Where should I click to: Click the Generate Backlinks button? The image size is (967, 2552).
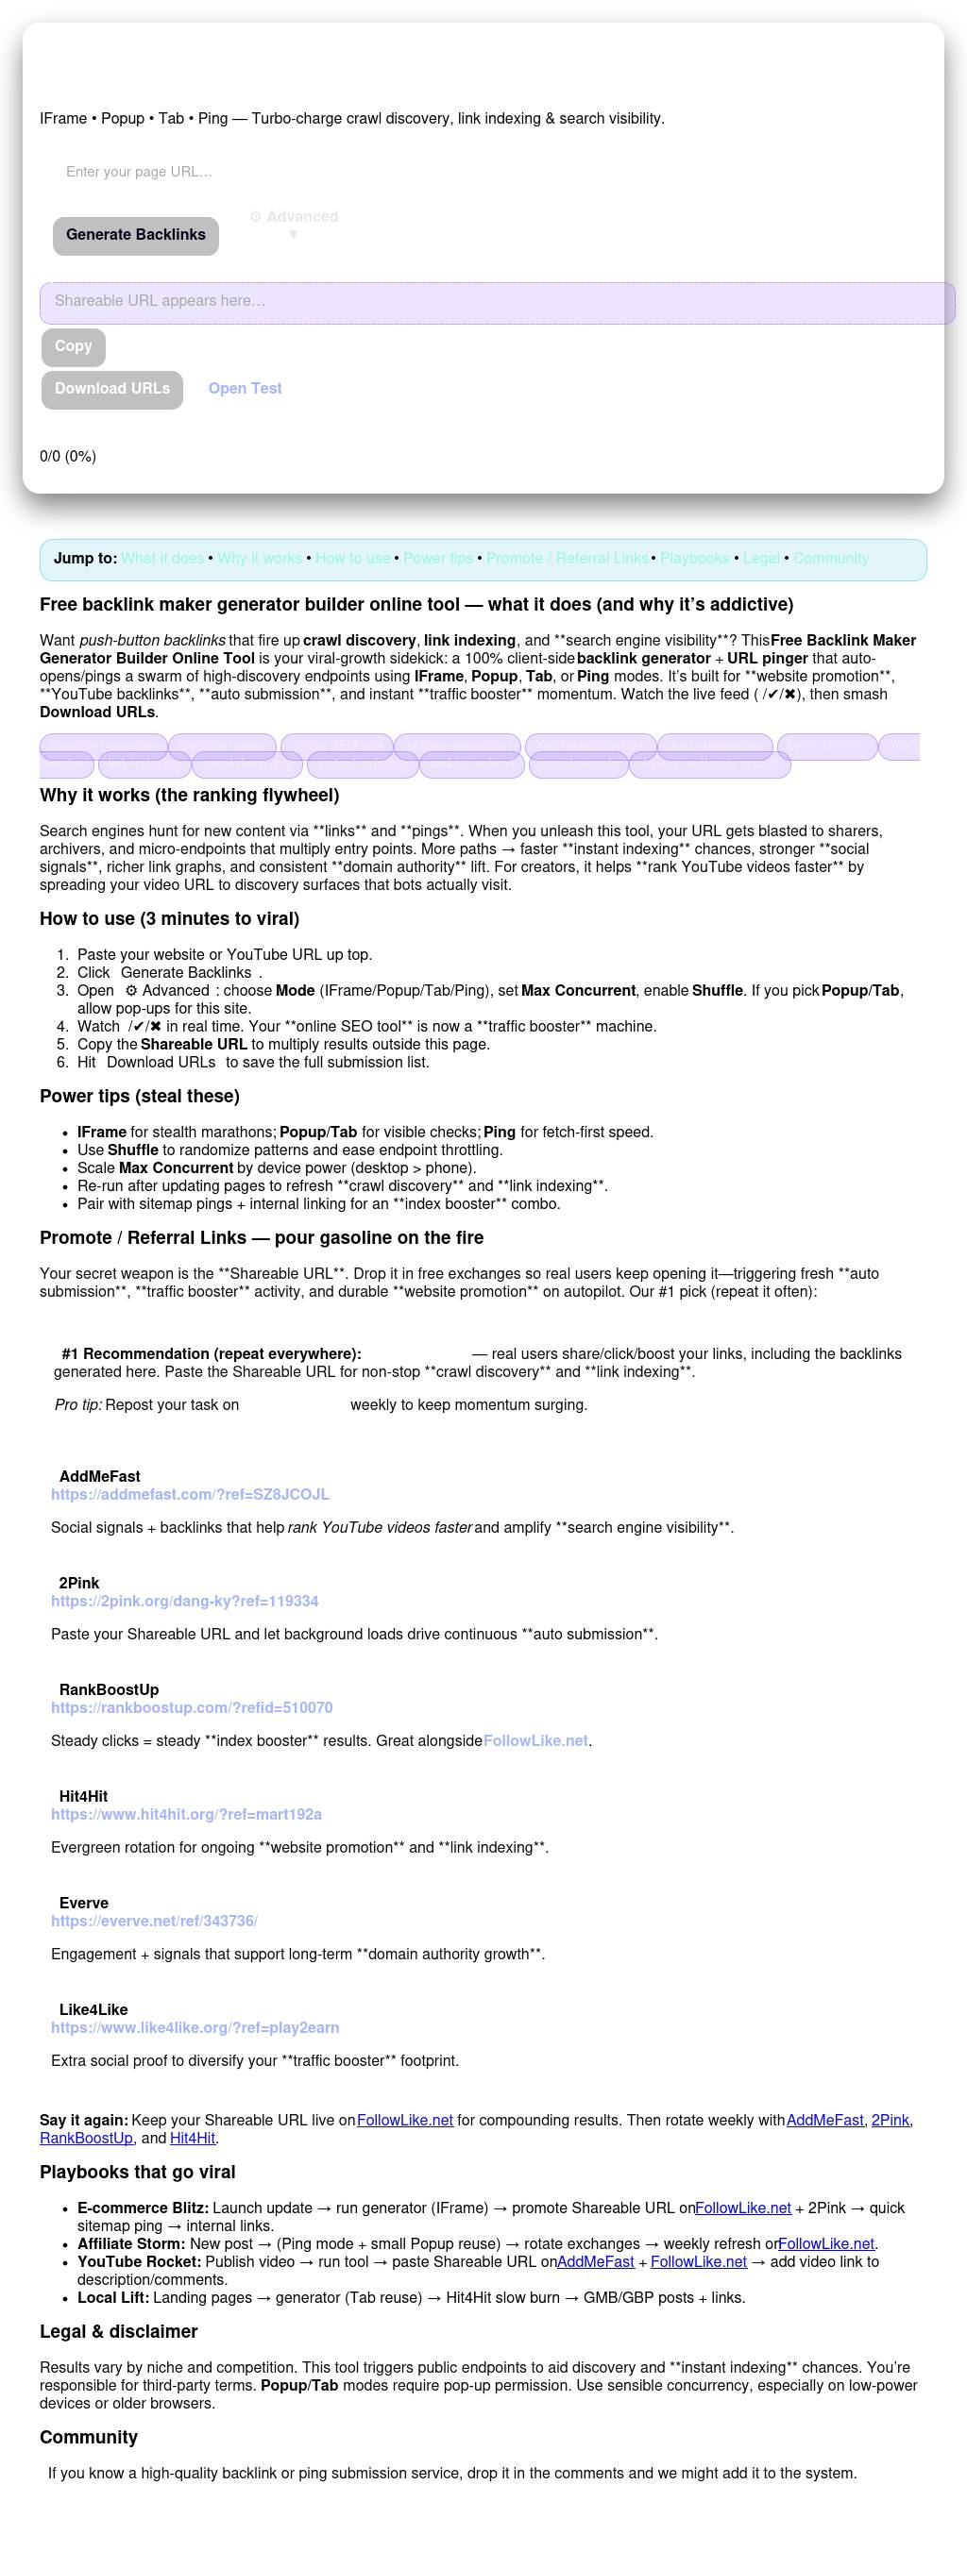point(136,236)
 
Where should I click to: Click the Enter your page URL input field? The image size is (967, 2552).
point(297,172)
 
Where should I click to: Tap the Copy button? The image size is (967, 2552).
point(74,346)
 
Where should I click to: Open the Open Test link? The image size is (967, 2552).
point(245,388)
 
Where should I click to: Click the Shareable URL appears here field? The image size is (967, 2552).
point(496,302)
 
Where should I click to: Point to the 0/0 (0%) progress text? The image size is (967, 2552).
point(68,457)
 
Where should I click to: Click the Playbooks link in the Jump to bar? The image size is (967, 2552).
point(694,559)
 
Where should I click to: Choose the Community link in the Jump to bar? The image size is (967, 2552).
point(830,559)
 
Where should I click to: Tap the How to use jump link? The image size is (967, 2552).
point(353,559)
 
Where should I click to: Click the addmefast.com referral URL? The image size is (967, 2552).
point(190,1494)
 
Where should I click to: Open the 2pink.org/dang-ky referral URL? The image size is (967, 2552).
point(185,1601)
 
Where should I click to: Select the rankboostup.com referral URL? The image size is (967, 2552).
point(193,1708)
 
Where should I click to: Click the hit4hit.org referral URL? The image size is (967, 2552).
point(186,1815)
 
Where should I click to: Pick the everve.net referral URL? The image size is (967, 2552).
point(155,1921)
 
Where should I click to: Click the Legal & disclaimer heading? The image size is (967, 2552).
point(119,2332)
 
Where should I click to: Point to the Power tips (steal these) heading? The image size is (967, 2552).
point(140,1097)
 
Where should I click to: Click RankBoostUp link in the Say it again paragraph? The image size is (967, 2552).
point(86,2138)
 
